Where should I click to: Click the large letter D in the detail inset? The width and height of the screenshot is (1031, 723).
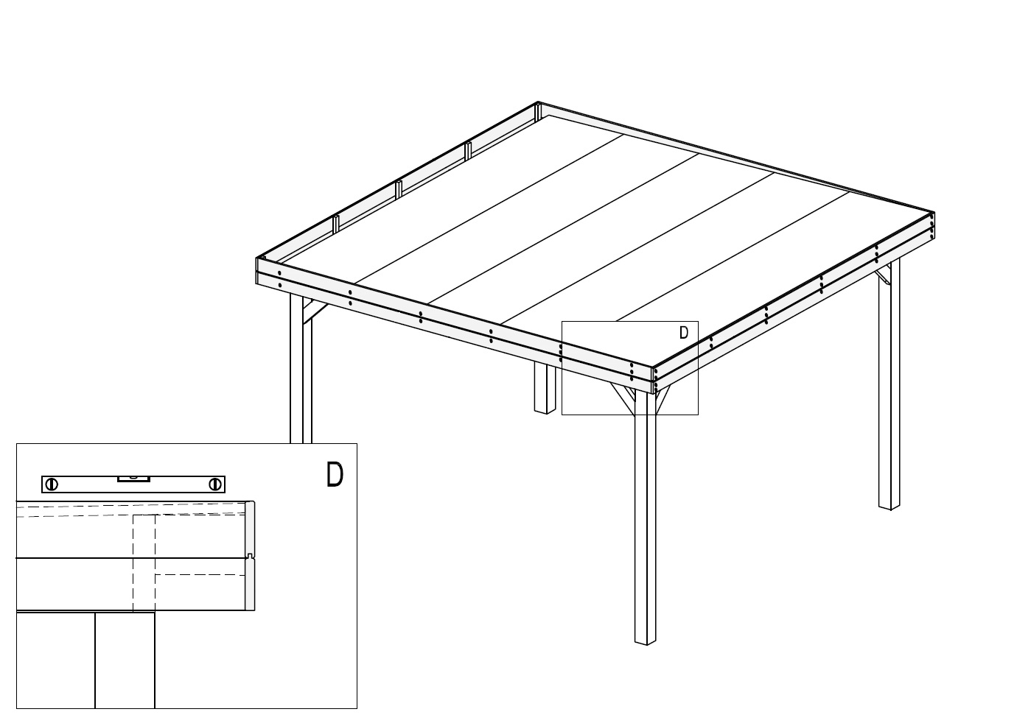pos(335,474)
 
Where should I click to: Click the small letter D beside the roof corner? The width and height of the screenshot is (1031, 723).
pos(684,333)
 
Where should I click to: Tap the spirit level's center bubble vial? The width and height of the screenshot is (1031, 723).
pos(133,479)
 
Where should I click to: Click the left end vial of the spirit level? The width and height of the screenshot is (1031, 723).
pos(52,484)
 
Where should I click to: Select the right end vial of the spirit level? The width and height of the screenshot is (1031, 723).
pos(214,484)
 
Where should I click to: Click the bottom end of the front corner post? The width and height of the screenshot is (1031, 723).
pos(646,642)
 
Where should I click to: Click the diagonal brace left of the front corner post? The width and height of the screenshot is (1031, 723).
pos(622,398)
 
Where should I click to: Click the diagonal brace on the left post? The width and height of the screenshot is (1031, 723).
pos(315,312)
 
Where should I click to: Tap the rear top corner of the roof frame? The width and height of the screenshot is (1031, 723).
pos(537,102)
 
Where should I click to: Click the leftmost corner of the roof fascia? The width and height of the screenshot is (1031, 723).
pos(256,258)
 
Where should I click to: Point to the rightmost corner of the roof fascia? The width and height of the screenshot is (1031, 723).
pos(934,213)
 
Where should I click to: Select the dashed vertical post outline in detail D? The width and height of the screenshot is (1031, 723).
pos(144,563)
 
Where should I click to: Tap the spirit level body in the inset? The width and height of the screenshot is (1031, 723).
pos(133,484)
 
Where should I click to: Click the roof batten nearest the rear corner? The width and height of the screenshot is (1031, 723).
pos(468,151)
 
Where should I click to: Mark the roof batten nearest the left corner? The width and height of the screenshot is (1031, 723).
pos(336,224)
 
